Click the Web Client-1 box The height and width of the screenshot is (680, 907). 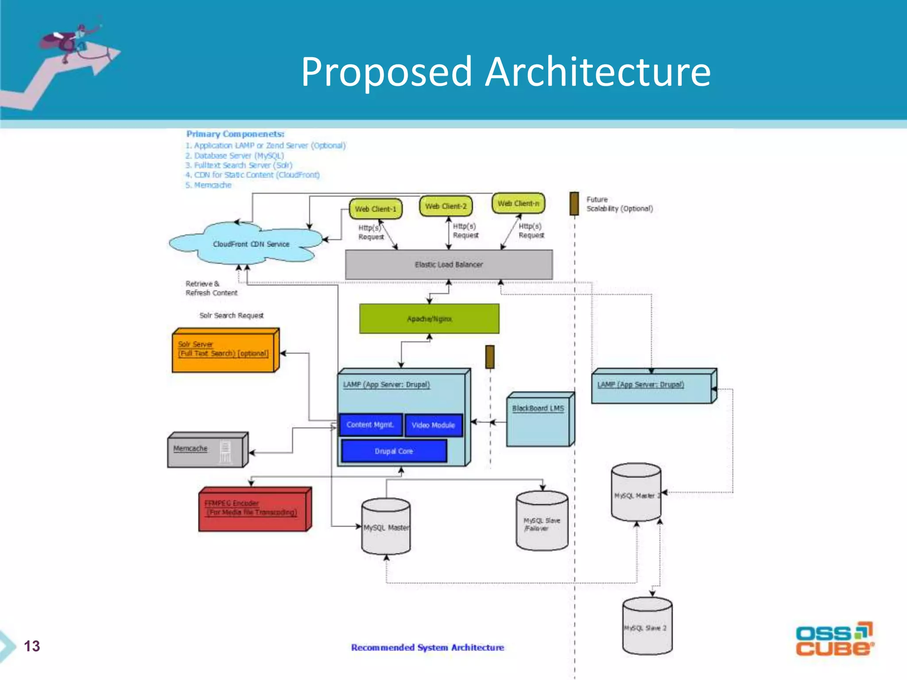[376, 209]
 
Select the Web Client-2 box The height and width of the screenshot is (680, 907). [446, 206]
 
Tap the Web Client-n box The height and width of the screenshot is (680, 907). [518, 203]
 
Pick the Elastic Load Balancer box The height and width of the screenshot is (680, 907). [449, 264]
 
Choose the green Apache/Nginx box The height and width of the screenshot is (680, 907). [429, 319]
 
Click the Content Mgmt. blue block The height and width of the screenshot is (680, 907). [370, 425]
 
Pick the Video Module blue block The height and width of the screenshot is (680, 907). [433, 425]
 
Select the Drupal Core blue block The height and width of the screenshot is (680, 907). [394, 451]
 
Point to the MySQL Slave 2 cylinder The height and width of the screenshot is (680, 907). [647, 626]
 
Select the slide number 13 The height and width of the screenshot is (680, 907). [32, 646]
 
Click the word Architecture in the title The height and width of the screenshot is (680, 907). [597, 72]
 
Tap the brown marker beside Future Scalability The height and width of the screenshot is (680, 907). [574, 204]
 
